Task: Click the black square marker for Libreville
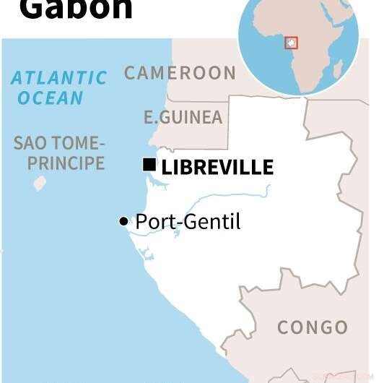(149, 166)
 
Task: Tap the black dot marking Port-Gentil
(123, 221)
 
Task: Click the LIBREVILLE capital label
(217, 168)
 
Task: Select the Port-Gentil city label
(188, 222)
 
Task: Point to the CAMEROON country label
(180, 73)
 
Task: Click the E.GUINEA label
(183, 117)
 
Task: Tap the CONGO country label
(313, 327)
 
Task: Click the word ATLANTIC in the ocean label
(59, 77)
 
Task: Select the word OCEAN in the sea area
(51, 98)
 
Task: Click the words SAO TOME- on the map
(59, 142)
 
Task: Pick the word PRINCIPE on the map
(66, 163)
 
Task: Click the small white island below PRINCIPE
(40, 184)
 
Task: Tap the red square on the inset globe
(291, 43)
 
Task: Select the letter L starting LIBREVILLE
(167, 168)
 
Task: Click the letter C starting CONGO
(284, 327)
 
